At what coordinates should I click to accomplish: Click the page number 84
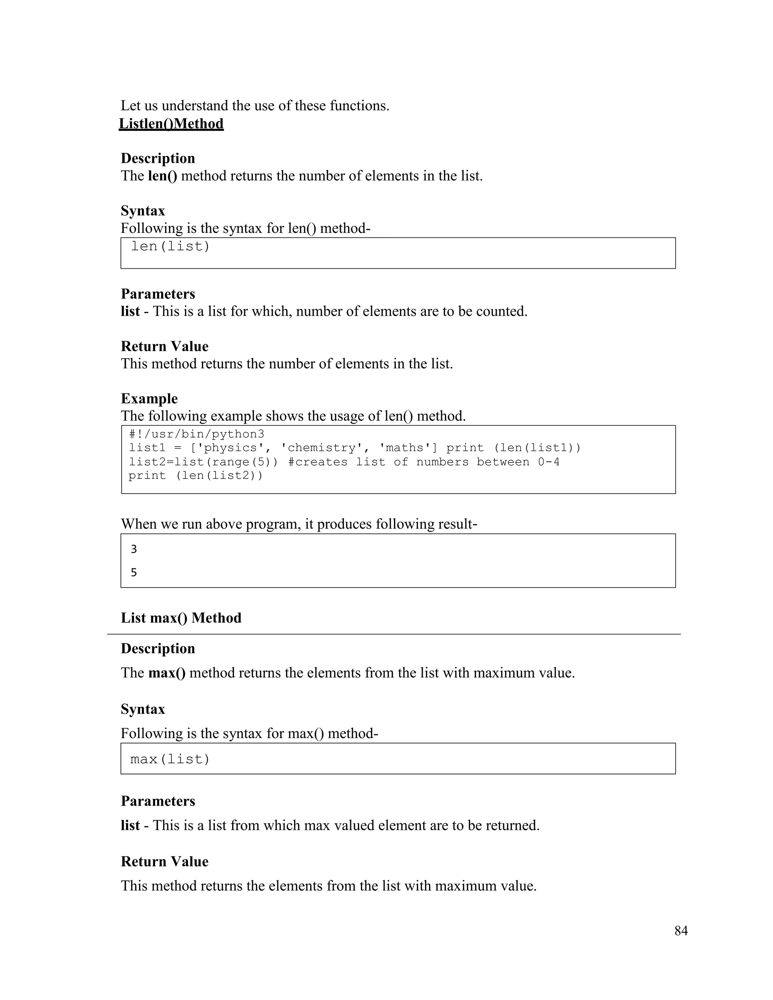681,931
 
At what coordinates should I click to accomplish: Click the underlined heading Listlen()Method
171,124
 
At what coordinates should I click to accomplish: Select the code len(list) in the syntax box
170,246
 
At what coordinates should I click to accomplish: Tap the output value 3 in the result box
134,549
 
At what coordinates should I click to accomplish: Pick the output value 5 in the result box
134,572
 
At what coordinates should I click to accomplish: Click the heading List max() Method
181,618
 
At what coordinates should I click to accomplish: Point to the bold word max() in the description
167,672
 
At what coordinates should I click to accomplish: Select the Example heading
149,398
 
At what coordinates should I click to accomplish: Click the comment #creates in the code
318,462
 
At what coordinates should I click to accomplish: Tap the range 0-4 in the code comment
548,462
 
